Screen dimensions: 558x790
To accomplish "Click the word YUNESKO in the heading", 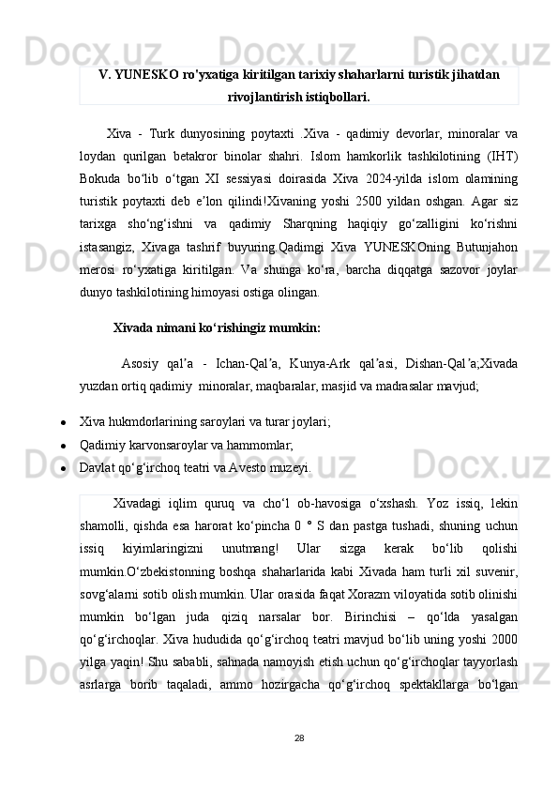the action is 148,73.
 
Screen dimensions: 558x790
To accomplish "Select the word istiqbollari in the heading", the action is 335,96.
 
